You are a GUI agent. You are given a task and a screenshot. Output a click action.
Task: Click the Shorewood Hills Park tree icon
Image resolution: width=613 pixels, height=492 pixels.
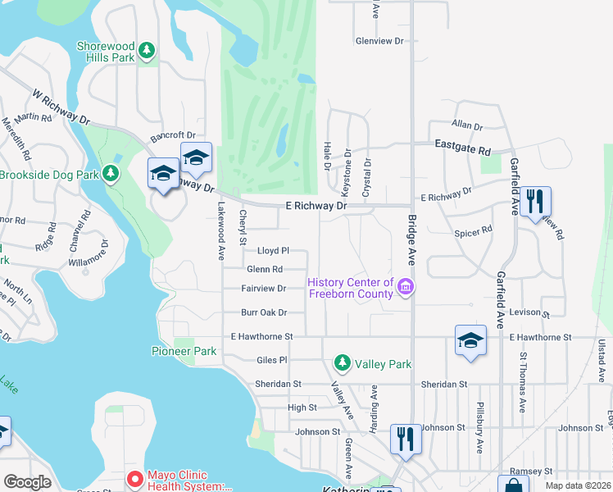(147, 52)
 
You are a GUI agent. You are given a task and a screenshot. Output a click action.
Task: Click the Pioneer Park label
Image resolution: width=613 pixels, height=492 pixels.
(184, 351)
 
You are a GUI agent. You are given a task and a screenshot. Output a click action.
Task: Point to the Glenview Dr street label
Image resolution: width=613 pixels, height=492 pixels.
(380, 40)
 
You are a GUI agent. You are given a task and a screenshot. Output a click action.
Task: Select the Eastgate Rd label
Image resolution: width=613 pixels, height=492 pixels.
(462, 151)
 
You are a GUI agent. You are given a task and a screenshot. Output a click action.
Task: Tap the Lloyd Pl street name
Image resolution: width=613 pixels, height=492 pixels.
(274, 251)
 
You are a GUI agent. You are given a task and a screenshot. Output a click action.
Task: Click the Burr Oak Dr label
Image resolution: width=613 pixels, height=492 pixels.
(264, 312)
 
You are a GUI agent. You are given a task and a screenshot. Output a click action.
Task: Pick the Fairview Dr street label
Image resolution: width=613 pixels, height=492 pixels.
(264, 288)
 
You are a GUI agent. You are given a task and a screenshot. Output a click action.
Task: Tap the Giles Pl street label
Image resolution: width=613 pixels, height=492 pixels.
(272, 359)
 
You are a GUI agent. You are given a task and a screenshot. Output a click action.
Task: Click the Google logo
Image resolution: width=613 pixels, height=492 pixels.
(28, 482)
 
